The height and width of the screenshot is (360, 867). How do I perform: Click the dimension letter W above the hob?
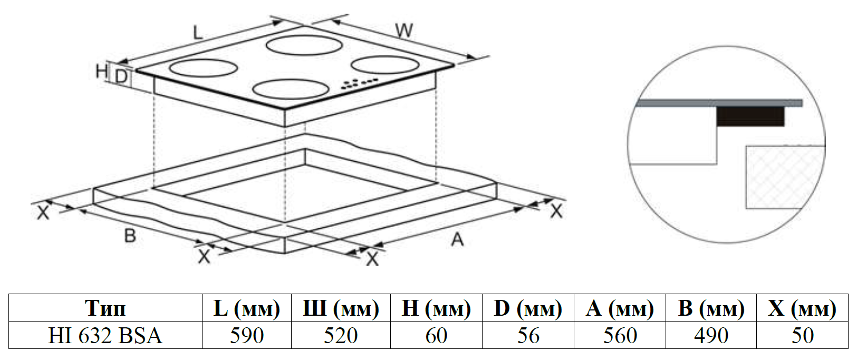coord(404,30)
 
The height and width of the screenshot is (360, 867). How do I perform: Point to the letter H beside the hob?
coord(101,71)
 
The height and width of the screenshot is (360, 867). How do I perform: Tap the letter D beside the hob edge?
coord(121,77)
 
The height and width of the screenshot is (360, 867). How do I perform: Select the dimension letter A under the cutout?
coord(457,240)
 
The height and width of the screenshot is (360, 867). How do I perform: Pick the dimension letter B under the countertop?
coord(130,236)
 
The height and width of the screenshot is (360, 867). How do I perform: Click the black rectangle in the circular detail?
coord(750,116)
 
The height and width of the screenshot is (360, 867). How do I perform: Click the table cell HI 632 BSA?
coord(105,336)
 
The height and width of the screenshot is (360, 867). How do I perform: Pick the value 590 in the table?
coord(246,336)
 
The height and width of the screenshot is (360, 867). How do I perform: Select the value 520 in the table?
coord(341,336)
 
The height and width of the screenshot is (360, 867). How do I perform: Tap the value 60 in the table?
coord(436,336)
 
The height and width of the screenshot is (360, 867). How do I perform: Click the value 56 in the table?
coord(528,336)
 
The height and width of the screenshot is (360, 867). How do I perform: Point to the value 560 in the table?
coord(620,336)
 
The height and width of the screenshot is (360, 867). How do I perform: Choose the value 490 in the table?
coord(711,336)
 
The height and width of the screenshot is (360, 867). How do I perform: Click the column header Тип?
coord(105,308)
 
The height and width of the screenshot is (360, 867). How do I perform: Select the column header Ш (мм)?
coord(341,308)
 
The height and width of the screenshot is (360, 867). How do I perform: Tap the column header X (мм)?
coord(802,308)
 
